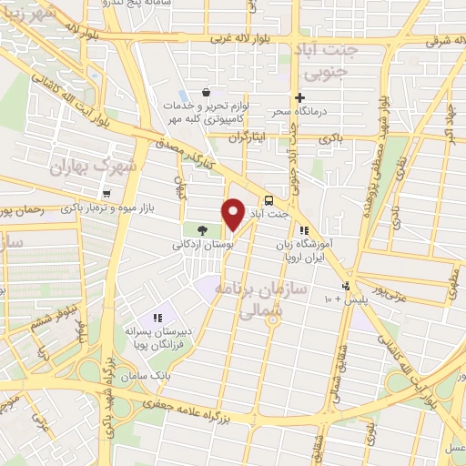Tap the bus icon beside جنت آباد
268,202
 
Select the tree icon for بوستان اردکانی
201,230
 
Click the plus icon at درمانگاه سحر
299,97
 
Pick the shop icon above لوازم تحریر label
207,92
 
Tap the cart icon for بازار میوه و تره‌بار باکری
107,193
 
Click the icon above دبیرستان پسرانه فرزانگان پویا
157,318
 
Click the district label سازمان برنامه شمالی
248,299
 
